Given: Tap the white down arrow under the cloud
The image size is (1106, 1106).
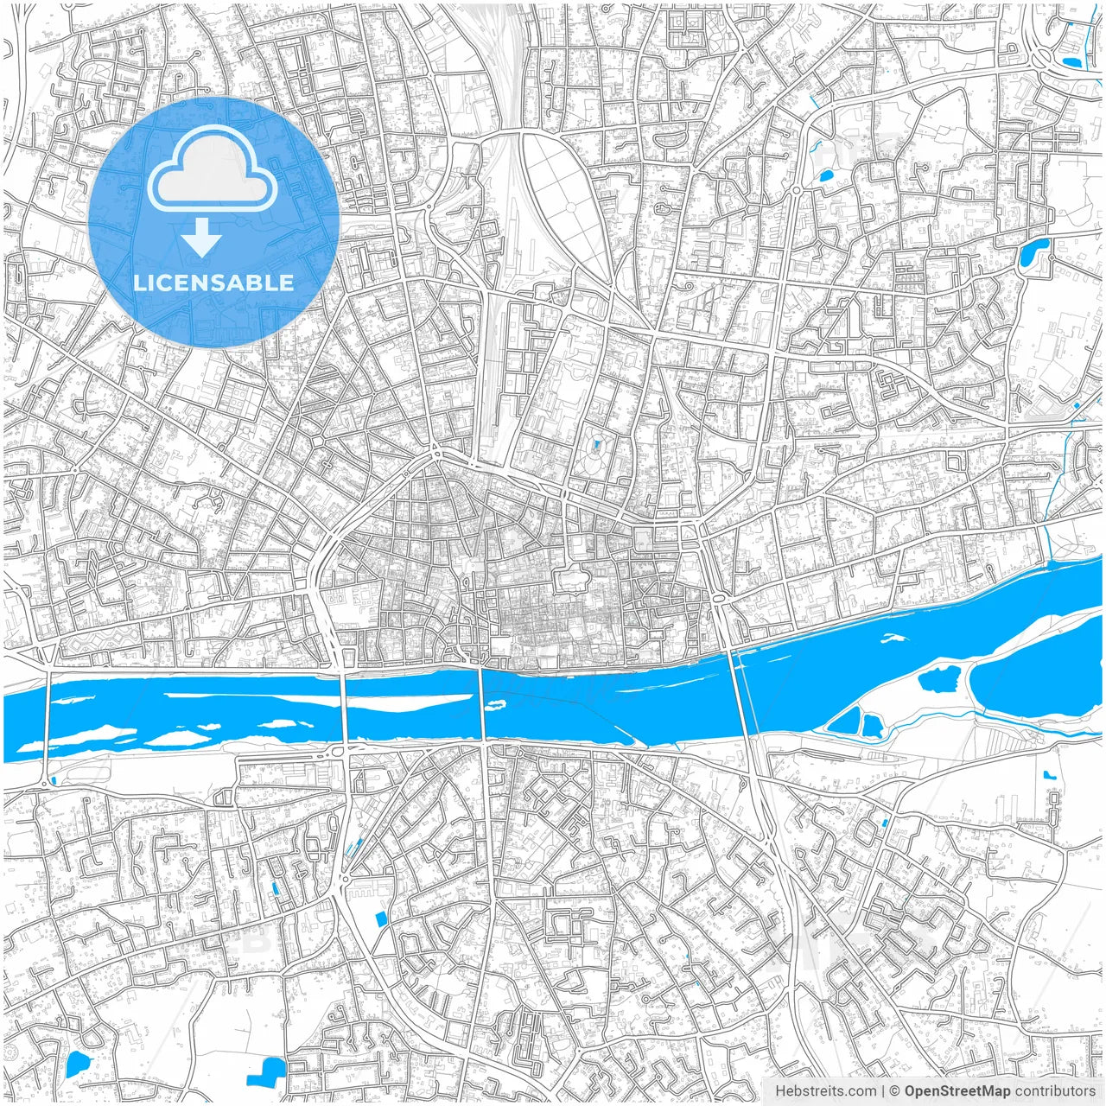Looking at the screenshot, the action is pos(202,238).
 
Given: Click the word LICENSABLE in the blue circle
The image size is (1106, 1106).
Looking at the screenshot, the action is pos(213,283).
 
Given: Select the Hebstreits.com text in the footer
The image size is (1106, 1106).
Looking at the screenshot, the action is pos(825,1091).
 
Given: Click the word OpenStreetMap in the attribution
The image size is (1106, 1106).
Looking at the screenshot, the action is pos(957,1091).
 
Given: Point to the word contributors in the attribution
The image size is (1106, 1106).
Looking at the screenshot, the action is pos(1054,1091).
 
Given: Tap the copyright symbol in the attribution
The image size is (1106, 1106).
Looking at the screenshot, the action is pos(895,1091).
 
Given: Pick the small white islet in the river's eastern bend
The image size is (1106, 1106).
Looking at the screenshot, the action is pos(893,639).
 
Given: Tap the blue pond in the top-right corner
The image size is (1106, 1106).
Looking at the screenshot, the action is pos(1072,61).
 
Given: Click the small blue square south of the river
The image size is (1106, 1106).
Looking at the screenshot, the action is pos(381,918).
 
